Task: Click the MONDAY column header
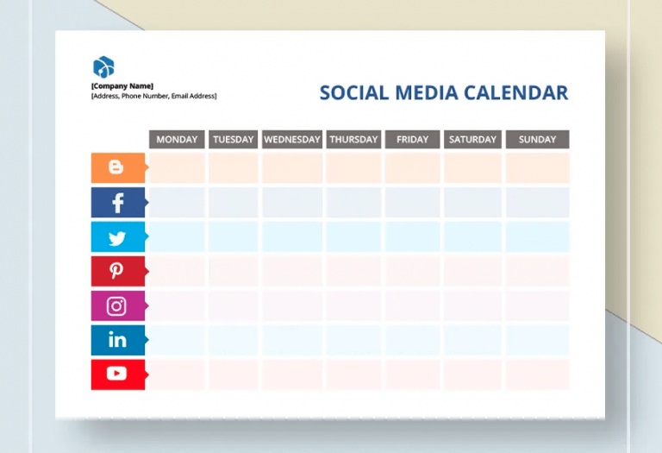click(x=177, y=139)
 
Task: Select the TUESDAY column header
click(x=233, y=139)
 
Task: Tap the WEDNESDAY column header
click(x=292, y=139)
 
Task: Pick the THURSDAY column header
click(x=353, y=139)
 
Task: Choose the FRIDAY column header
click(x=412, y=139)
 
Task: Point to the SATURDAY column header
click(x=472, y=139)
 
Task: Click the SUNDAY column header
click(x=537, y=139)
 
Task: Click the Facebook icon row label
click(x=117, y=203)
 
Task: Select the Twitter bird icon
click(x=117, y=237)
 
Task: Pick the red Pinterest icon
click(x=117, y=271)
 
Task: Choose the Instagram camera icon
click(x=117, y=305)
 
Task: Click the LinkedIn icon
click(x=117, y=340)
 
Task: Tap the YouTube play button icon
click(x=117, y=374)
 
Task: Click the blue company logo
click(x=103, y=66)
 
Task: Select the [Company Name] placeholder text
click(x=122, y=86)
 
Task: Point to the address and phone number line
click(x=153, y=96)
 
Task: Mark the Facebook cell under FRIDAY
click(x=412, y=203)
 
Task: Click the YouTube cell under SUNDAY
click(x=537, y=374)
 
